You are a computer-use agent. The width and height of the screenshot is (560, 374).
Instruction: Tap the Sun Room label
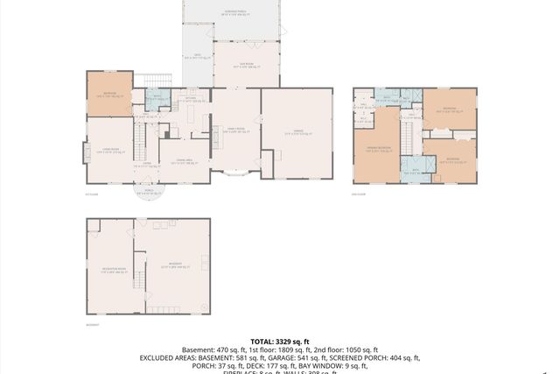click(x=236, y=65)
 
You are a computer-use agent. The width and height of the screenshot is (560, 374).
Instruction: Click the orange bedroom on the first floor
click(x=108, y=95)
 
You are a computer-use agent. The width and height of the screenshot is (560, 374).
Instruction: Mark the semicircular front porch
click(x=145, y=191)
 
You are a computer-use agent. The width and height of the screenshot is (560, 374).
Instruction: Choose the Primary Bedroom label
click(x=377, y=150)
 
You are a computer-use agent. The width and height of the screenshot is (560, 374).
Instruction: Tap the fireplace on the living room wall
click(x=85, y=154)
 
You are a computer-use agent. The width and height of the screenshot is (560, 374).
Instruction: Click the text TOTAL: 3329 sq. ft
click(x=279, y=341)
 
